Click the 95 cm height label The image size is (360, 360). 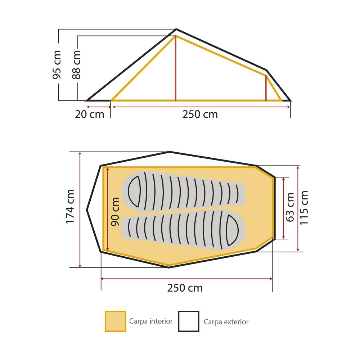click(x=57, y=65)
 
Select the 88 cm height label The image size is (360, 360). click(x=76, y=65)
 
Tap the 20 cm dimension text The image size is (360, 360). click(x=89, y=114)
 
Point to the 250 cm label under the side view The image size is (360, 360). click(x=200, y=114)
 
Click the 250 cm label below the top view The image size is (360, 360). click(x=185, y=288)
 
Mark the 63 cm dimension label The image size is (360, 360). click(x=290, y=207)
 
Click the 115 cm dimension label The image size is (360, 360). click(x=304, y=207)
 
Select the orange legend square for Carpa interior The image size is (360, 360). click(x=115, y=321)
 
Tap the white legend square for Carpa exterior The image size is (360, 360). click(x=189, y=321)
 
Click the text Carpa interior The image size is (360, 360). click(x=151, y=321)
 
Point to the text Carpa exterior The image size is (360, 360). click(x=226, y=322)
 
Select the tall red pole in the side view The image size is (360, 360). click(x=175, y=68)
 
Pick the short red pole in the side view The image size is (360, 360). click(x=266, y=88)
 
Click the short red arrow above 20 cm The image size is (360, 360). click(x=98, y=107)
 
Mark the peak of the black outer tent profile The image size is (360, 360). click(x=176, y=29)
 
